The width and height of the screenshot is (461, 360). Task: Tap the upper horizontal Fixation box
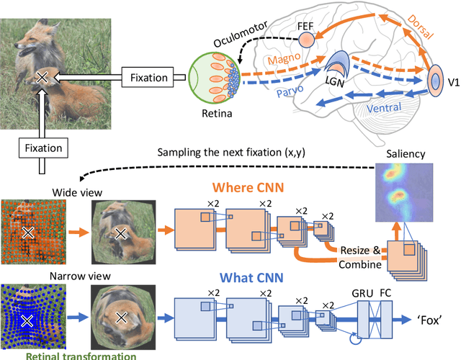148,76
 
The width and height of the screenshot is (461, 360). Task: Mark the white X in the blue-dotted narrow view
27,319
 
